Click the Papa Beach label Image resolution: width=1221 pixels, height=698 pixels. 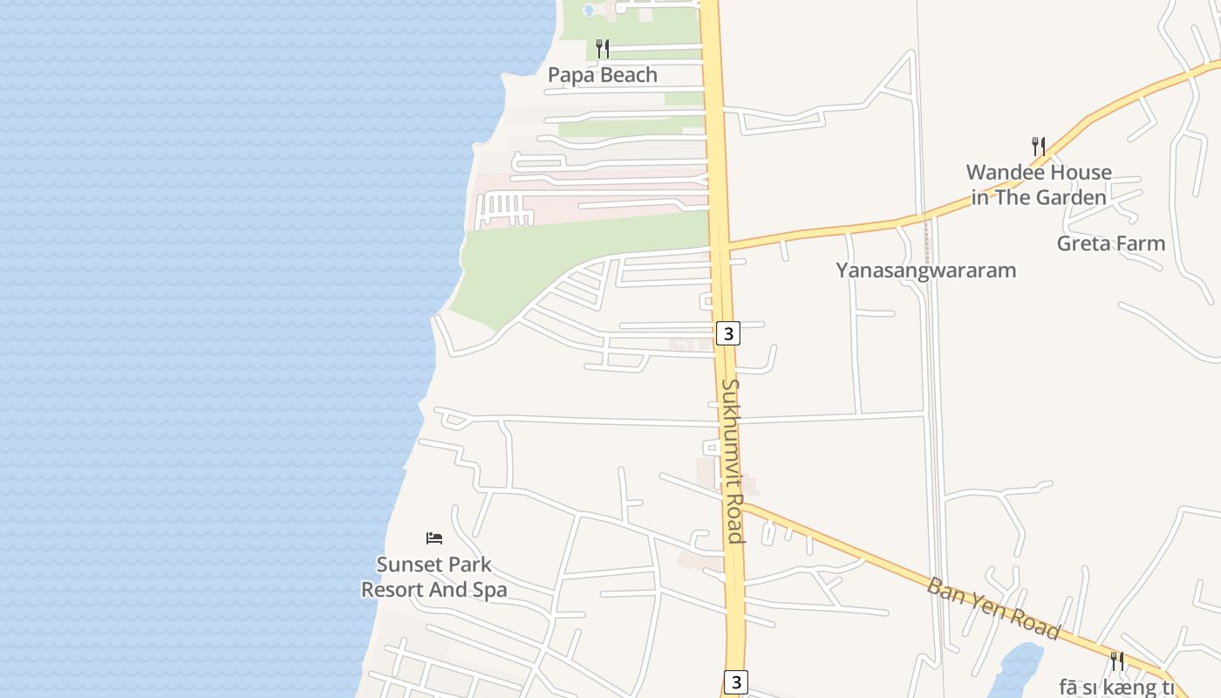click(602, 75)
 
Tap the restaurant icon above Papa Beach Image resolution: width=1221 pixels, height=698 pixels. click(602, 49)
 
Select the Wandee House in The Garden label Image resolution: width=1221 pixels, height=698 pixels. click(1039, 185)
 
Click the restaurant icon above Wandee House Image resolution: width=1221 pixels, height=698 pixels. click(1038, 146)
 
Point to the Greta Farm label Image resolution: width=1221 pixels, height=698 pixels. click(1110, 243)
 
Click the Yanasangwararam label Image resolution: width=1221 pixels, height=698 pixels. click(925, 270)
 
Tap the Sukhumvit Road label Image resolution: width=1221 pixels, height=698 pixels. click(733, 460)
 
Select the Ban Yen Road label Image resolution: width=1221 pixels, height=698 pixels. click(993, 608)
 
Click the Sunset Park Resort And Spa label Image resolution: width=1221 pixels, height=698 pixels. click(434, 578)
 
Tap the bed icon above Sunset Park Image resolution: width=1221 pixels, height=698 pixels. click(434, 537)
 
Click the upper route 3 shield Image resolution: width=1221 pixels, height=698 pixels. click(728, 332)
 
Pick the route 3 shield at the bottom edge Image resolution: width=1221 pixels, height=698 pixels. click(736, 681)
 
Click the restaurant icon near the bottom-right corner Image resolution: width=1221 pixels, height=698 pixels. click(1116, 660)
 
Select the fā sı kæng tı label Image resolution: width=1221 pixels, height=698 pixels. click(1117, 687)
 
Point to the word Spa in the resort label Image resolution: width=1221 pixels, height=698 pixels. click(489, 590)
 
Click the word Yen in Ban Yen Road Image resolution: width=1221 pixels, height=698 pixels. click(993, 607)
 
